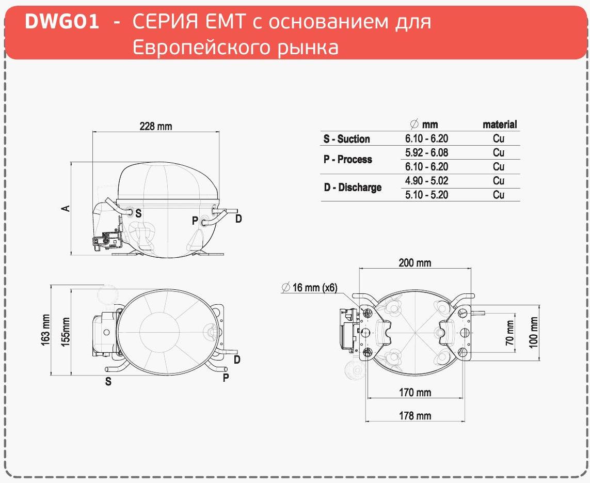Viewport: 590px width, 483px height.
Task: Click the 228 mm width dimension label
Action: [156, 126]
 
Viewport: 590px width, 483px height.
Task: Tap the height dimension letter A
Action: [66, 208]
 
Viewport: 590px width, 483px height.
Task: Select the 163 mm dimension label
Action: [45, 330]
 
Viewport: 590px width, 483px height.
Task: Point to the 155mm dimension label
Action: [66, 332]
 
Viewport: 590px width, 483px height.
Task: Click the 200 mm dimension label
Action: [414, 262]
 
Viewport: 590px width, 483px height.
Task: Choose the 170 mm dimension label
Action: [415, 392]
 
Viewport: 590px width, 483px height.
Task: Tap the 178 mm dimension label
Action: [415, 416]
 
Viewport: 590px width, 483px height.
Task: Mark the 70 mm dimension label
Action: [509, 333]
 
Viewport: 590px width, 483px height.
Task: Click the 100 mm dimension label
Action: [534, 332]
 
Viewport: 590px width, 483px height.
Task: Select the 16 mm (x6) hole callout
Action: [309, 288]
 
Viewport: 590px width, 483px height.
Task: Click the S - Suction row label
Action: [346, 139]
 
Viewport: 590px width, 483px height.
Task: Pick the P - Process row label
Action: [348, 159]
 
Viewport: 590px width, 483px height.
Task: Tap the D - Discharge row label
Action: [353, 187]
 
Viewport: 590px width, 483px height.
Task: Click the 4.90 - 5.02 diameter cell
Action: [427, 181]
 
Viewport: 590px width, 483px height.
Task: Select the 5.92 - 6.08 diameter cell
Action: [427, 152]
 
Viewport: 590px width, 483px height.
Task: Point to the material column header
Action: [500, 124]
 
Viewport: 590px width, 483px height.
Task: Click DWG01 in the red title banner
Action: [62, 22]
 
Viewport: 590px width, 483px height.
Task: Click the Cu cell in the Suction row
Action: [499, 138]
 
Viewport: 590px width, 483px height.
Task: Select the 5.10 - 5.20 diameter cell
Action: [427, 195]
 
